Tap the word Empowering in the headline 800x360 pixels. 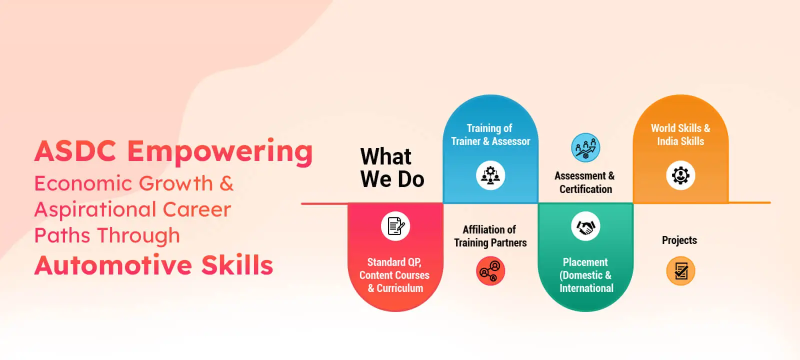220,152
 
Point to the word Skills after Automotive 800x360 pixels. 237,265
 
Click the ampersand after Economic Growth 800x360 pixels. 226,183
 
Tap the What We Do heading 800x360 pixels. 392,168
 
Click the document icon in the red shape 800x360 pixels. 395,226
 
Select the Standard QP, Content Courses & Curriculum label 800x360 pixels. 394,275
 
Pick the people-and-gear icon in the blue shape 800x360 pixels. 490,175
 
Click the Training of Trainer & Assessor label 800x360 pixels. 490,135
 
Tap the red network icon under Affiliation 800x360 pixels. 490,271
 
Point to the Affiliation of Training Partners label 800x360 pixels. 490,236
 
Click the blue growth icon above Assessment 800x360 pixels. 585,147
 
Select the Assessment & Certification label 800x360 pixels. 585,182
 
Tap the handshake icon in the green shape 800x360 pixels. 585,226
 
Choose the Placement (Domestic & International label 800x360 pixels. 586,275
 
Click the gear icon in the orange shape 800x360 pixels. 680,175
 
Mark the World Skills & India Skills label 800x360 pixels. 680,135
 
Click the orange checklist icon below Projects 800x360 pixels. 680,271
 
